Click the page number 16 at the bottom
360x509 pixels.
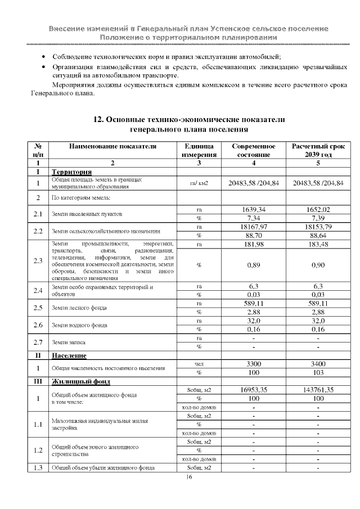click(x=189, y=477)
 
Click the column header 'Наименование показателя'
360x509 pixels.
click(x=112, y=146)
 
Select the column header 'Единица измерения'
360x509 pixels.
click(x=199, y=150)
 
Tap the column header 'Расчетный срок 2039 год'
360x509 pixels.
click(x=318, y=150)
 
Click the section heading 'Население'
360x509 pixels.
click(x=69, y=355)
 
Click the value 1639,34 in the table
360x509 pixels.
click(x=253, y=210)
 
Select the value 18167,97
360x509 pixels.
click(x=253, y=227)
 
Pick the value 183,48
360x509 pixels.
click(x=318, y=244)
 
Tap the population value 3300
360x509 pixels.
click(x=253, y=364)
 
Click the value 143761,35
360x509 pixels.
click(x=318, y=389)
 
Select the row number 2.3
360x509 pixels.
click(x=38, y=260)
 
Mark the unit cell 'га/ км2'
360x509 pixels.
click(x=199, y=183)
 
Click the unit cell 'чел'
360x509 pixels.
click(x=199, y=364)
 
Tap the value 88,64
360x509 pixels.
click(x=318, y=235)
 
